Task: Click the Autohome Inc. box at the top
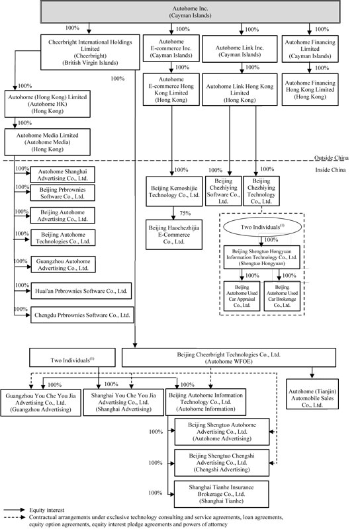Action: tap(190, 12)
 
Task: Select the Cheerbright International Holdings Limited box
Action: tap(90, 52)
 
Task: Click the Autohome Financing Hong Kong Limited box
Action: tap(310, 89)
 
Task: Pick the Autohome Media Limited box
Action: tap(47, 142)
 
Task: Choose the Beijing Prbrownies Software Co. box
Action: tap(62, 193)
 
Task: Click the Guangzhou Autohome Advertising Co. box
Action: tap(63, 264)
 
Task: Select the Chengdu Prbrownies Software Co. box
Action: tap(82, 315)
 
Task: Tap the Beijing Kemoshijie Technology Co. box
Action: tap(174, 191)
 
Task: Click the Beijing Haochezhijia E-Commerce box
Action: tap(174, 235)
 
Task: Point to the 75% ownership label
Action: tap(185, 213)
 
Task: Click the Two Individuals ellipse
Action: tap(263, 227)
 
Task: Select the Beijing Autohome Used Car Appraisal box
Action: tap(242, 296)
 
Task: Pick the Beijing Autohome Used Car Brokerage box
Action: tap(282, 296)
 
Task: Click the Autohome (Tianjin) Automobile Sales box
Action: tap(312, 394)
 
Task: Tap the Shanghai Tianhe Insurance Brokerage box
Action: tap(222, 494)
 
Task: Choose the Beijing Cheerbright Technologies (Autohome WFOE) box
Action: tap(228, 358)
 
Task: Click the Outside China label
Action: tap(332, 158)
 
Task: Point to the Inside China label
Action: tap(330, 170)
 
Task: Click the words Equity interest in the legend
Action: tap(46, 510)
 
